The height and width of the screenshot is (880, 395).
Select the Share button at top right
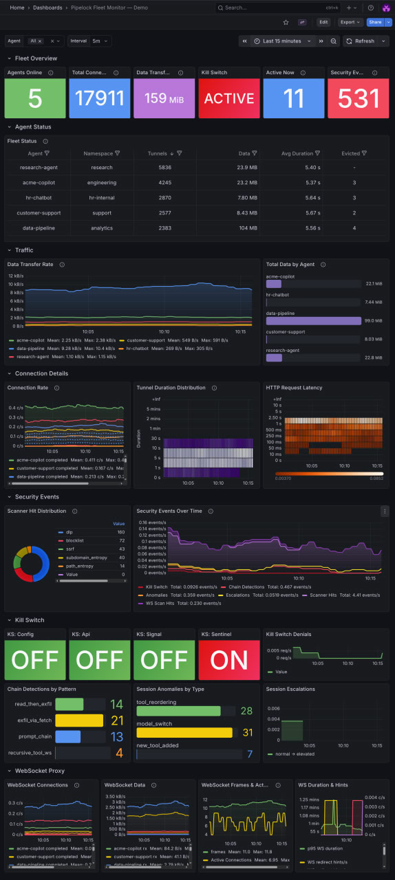(x=374, y=22)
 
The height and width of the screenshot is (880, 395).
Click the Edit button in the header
(x=323, y=22)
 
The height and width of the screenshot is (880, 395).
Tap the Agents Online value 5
(x=34, y=98)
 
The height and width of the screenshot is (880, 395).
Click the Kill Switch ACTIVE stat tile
(x=228, y=98)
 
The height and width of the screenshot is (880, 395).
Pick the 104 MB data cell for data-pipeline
(x=248, y=228)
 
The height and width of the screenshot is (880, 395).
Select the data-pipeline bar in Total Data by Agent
(x=313, y=320)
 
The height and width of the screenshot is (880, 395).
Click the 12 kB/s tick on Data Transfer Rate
(x=15, y=276)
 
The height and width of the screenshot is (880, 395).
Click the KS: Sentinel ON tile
(x=228, y=660)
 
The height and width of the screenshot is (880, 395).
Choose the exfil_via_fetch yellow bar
(x=78, y=720)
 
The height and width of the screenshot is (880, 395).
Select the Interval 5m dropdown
(x=100, y=41)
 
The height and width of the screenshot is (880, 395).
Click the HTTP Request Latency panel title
(x=294, y=388)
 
